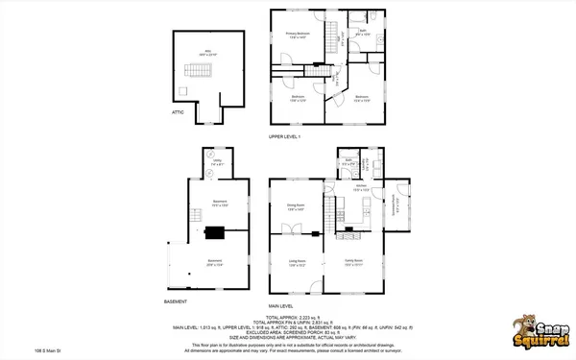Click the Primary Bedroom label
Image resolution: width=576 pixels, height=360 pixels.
(x=297, y=35)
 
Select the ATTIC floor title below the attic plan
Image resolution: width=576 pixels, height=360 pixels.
(x=177, y=112)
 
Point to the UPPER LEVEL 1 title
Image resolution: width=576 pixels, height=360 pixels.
(x=284, y=136)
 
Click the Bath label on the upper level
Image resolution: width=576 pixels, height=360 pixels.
(x=364, y=32)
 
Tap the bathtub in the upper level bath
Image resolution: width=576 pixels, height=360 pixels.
(x=352, y=17)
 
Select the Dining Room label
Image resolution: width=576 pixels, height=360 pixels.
(x=294, y=205)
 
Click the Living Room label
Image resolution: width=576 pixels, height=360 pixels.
(x=297, y=263)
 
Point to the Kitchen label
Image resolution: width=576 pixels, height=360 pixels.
(x=361, y=187)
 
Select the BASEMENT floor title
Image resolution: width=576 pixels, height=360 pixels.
(x=175, y=301)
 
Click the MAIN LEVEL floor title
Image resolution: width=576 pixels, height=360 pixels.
(x=279, y=305)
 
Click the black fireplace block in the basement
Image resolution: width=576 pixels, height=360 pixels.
(x=216, y=230)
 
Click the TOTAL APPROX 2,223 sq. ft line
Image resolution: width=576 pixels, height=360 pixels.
(x=287, y=317)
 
